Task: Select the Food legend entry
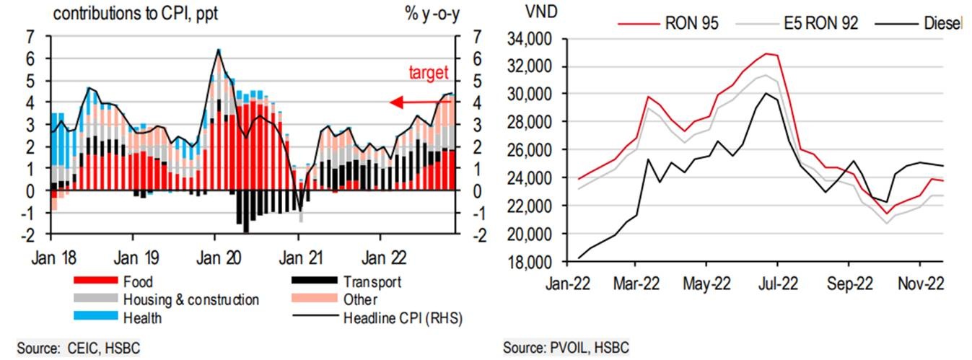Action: pyautogui.click(x=138, y=282)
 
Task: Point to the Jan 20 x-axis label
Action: pyautogui.click(x=215, y=257)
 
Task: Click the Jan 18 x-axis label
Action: pyautogui.click(x=51, y=257)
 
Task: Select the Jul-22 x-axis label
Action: pyautogui.click(x=776, y=284)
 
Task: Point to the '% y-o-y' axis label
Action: pyautogui.click(x=432, y=14)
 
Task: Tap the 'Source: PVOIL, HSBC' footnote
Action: pyautogui.click(x=566, y=348)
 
